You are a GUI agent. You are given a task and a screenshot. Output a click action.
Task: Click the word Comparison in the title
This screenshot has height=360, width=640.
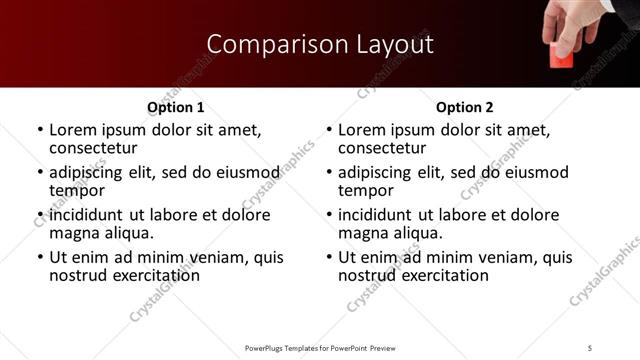click(263, 44)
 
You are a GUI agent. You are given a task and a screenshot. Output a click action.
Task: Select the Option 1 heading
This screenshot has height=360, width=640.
click(176, 107)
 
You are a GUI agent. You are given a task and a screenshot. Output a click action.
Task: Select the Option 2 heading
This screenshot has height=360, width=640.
click(465, 107)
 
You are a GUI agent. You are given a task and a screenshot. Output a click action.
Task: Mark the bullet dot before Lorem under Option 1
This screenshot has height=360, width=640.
click(39, 131)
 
